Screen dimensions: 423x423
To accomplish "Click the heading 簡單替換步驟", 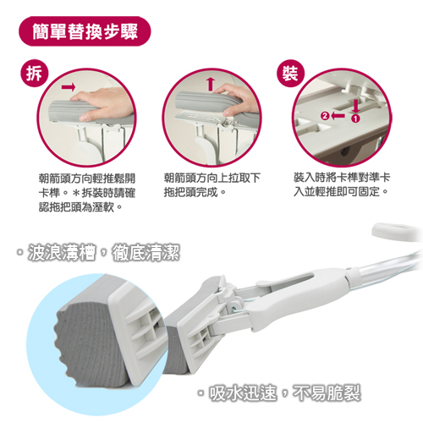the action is point(85,31).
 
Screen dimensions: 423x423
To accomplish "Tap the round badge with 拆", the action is point(35,74).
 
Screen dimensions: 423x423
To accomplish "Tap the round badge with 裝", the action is point(290,74).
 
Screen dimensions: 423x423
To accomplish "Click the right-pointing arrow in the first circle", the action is point(69,86).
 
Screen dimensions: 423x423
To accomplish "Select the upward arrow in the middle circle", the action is point(211,84).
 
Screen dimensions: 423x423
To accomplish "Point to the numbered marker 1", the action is point(356,118).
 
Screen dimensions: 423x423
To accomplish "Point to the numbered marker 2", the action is point(325,116).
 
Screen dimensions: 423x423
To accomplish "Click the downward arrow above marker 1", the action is point(356,107).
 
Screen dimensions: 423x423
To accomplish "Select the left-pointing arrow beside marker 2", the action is point(338,116).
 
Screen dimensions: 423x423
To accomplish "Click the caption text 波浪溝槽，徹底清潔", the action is point(98,252).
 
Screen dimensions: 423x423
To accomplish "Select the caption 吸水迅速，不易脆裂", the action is point(279,393).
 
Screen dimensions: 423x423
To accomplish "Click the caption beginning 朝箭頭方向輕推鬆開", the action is point(87,193).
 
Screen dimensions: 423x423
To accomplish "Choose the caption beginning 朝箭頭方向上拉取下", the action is point(211,185).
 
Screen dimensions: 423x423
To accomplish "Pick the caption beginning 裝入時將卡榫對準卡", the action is point(342,185).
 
